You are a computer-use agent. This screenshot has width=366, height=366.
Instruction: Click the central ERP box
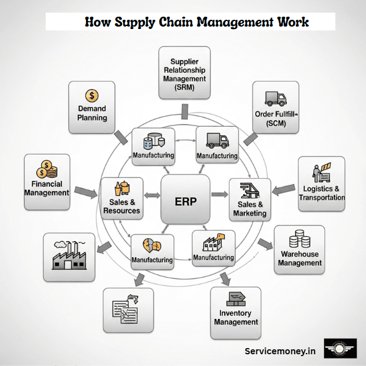[186, 199]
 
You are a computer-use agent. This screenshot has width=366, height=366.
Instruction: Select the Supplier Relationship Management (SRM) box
[185, 73]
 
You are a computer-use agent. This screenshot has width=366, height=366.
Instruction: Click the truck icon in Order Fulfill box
[275, 99]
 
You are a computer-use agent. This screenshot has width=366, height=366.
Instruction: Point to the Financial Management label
[46, 188]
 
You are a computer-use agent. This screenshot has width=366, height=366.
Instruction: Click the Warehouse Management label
[299, 258]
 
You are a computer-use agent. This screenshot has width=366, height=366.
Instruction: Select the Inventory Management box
[235, 313]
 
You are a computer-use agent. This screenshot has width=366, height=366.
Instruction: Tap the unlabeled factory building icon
[69, 258]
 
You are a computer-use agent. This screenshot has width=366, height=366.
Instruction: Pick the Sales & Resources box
[122, 198]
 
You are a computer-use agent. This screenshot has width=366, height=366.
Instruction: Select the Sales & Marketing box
[250, 199]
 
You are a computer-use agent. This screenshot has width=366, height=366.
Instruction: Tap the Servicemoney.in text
[280, 350]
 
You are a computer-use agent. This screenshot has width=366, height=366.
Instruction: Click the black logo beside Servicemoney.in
[340, 350]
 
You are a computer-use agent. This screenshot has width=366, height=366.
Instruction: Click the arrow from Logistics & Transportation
[284, 188]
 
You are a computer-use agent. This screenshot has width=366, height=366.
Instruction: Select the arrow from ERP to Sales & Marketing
[219, 195]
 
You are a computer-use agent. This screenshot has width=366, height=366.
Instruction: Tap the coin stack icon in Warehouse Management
[298, 238]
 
